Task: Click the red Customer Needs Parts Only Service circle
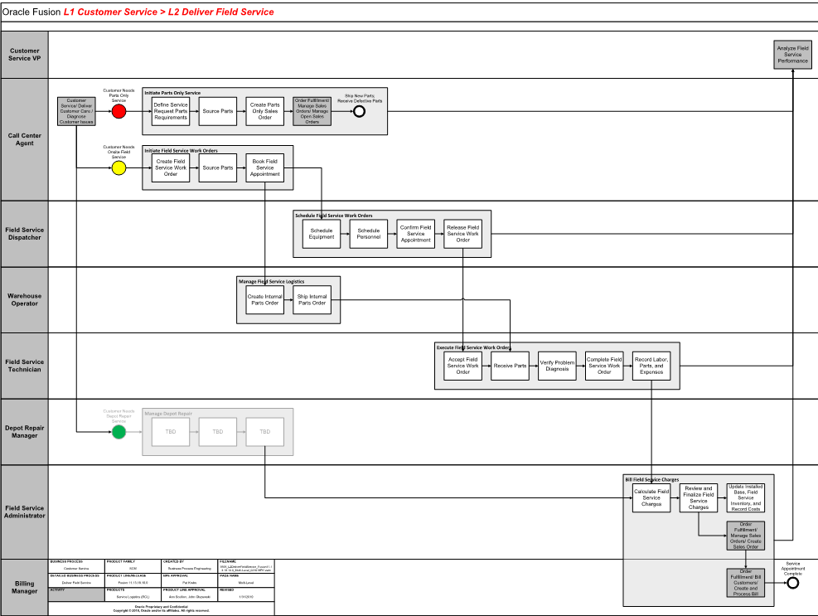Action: pyautogui.click(x=119, y=111)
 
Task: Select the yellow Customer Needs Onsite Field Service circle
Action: pyautogui.click(x=119, y=168)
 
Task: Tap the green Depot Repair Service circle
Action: pyautogui.click(x=119, y=431)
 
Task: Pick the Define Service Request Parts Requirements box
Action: pyautogui.click(x=171, y=111)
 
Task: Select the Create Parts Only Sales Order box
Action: pyautogui.click(x=264, y=111)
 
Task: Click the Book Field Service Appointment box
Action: pyautogui.click(x=264, y=168)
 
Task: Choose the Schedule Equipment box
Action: pyautogui.click(x=322, y=234)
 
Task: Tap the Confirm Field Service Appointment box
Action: pyautogui.click(x=415, y=234)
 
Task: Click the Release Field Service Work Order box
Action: pyautogui.click(x=462, y=234)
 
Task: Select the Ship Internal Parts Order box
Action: pyautogui.click(x=312, y=299)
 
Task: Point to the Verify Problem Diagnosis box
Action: pyautogui.click(x=557, y=366)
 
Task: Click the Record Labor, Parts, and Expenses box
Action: pyautogui.click(x=651, y=366)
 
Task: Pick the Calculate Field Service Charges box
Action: pyautogui.click(x=651, y=498)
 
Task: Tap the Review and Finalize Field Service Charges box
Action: pyautogui.click(x=699, y=498)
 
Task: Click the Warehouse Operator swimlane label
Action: pyautogui.click(x=25, y=299)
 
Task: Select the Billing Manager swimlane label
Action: pyautogui.click(x=25, y=587)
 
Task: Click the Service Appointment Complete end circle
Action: pyautogui.click(x=793, y=583)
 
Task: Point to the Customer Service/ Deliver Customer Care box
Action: pyautogui.click(x=76, y=111)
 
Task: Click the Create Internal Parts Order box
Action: pyautogui.click(x=265, y=299)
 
